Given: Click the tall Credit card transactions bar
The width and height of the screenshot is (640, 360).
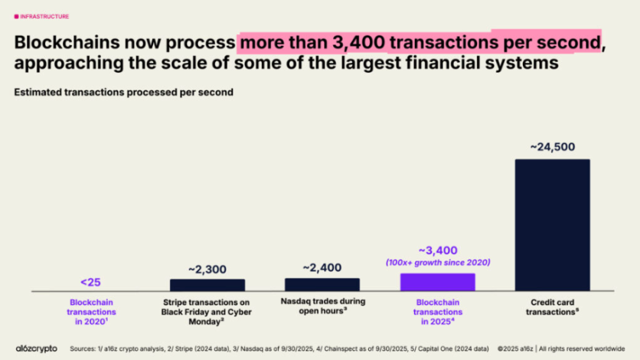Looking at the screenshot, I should tap(552, 224).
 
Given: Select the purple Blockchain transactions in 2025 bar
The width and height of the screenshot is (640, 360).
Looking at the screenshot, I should tap(437, 282).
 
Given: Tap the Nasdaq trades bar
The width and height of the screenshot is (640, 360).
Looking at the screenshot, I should tap(322, 284).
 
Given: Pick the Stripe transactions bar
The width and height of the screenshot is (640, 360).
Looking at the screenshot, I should tap(207, 285).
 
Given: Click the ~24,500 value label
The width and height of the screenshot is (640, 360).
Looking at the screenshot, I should tap(552, 147).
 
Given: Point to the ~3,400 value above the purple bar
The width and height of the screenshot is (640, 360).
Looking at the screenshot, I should tap(437, 250).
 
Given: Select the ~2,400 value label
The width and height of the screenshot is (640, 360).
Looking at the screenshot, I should tap(322, 267).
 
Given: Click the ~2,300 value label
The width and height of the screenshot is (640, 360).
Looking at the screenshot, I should tap(207, 269).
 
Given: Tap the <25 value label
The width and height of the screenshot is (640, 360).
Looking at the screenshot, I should tap(92, 280).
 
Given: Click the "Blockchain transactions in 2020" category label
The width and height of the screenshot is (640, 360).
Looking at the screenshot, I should tap(92, 311).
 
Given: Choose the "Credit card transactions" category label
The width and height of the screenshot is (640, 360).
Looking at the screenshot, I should tap(552, 306).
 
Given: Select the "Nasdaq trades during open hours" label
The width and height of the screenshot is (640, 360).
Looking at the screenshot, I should tap(322, 306).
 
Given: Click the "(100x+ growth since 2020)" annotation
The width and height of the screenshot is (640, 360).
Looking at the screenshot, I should tap(437, 263).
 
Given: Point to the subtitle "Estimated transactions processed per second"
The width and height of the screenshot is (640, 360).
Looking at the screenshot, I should tap(123, 92).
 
